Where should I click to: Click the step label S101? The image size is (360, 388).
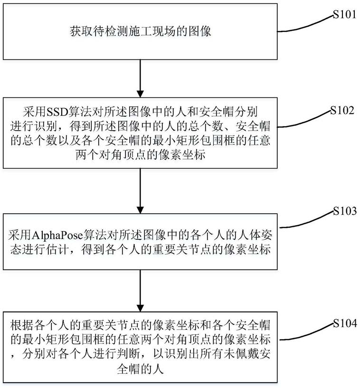(x=344, y=15)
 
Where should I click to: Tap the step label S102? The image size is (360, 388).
(x=343, y=110)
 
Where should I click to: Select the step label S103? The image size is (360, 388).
(x=345, y=211)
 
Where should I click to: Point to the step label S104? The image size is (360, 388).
(x=345, y=323)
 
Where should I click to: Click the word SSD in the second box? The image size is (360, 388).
(x=57, y=112)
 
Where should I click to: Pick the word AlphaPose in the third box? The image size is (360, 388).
(x=57, y=235)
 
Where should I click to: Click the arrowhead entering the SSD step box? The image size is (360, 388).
(x=140, y=94)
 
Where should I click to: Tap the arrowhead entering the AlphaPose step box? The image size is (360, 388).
(x=140, y=210)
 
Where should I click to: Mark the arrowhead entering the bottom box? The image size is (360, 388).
(x=140, y=308)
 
